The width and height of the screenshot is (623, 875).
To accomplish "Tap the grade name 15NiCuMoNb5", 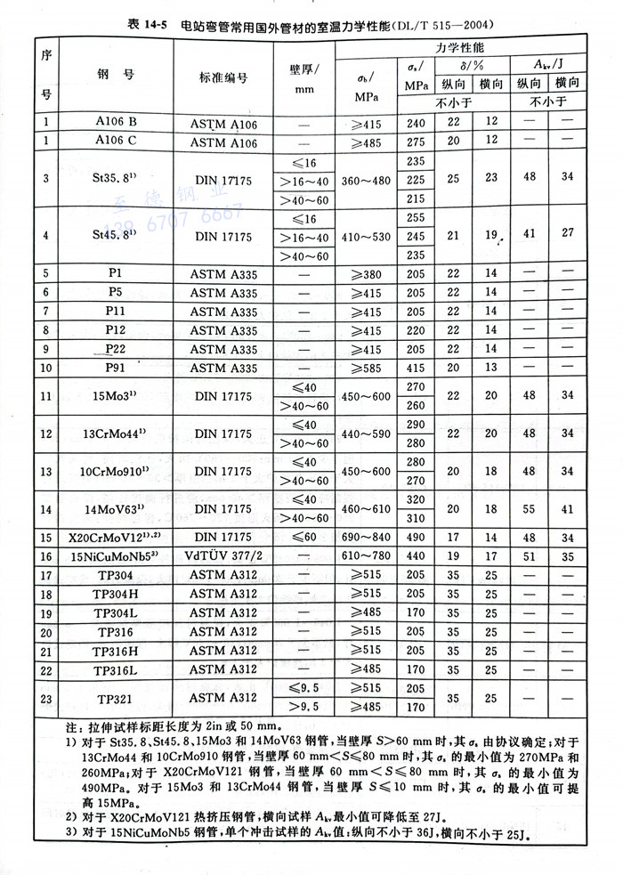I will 111,557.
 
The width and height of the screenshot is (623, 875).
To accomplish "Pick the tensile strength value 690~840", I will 365,538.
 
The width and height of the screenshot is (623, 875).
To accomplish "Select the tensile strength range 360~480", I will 365,180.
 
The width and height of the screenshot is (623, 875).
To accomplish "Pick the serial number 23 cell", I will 45,698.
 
